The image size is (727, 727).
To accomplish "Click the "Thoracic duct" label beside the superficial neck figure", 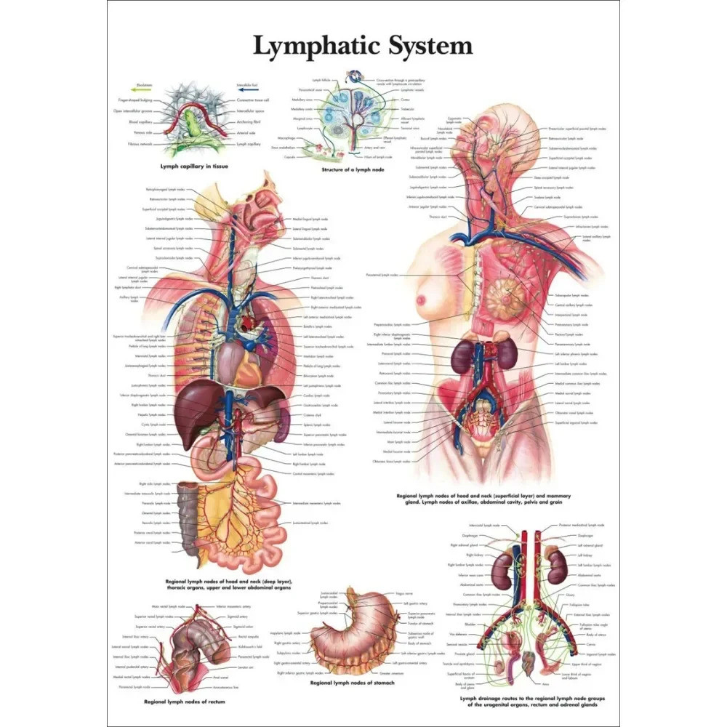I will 439,216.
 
